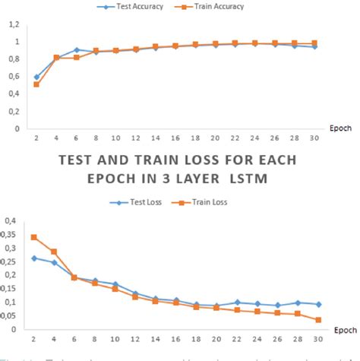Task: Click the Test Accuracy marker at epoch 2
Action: coord(36,77)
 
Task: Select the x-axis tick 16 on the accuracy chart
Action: coord(175,139)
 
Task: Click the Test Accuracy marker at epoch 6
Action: coord(77,49)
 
